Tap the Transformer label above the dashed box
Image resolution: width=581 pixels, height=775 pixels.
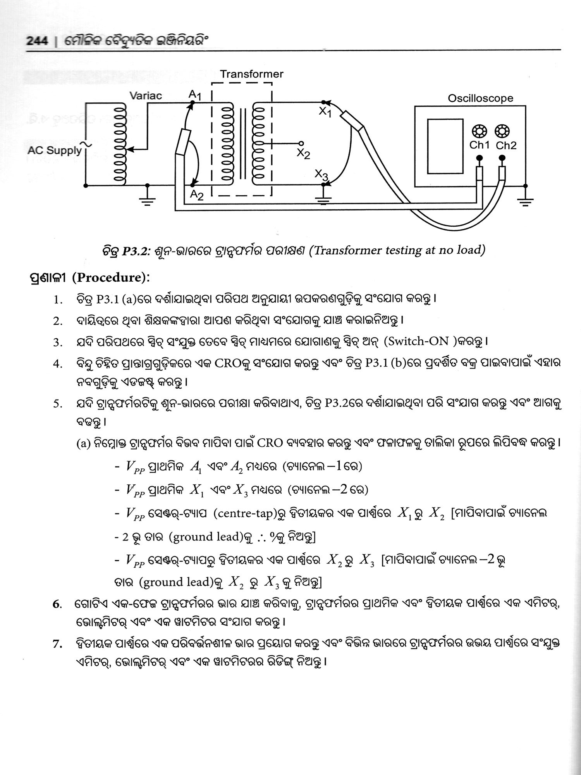point(252,74)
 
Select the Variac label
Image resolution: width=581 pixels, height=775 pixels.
point(145,96)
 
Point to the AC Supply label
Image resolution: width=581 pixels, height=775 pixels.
point(55,151)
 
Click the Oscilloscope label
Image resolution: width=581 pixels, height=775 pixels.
point(480,98)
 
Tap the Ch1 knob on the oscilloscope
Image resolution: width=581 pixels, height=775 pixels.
point(479,131)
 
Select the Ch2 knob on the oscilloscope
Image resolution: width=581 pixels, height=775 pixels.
point(502,131)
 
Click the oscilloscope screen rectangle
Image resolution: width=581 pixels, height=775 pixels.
point(445,146)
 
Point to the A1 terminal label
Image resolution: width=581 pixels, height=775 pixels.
point(194,94)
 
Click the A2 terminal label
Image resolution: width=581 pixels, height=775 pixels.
point(197,196)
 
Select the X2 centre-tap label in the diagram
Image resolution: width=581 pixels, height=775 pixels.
point(303,154)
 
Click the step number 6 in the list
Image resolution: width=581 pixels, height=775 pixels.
point(57,615)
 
